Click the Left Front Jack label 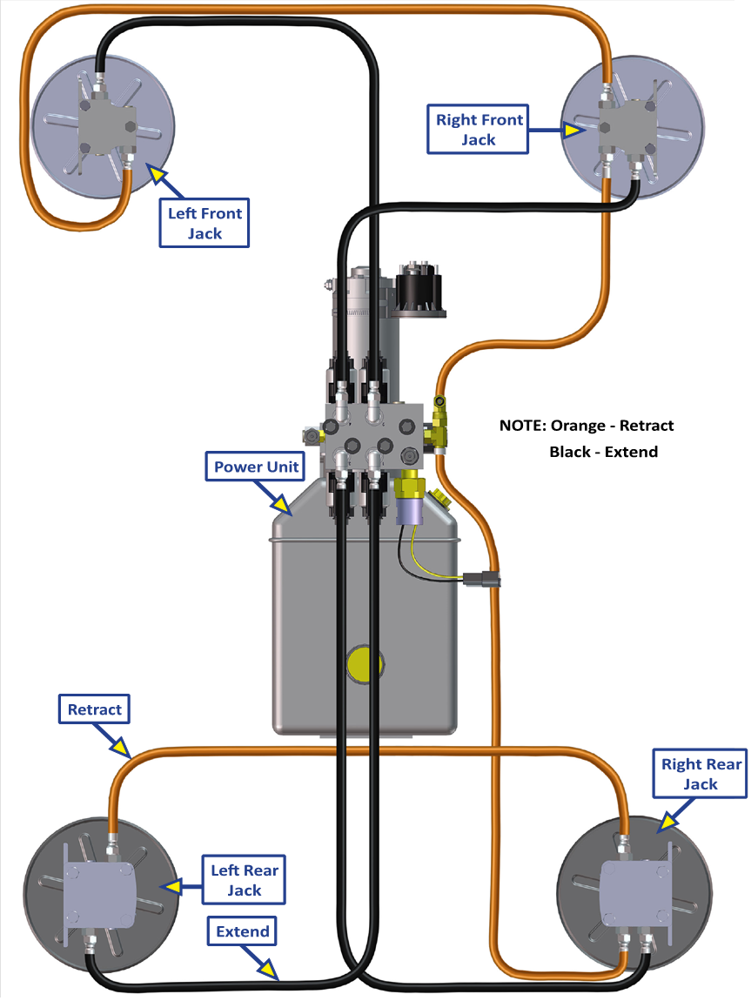coord(205,223)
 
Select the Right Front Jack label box coord(479,130)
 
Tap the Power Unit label coord(257,467)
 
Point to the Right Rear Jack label coord(701,774)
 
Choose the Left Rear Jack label coord(245,880)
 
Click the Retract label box coord(95,709)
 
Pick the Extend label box coord(243,931)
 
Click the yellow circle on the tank coord(365,664)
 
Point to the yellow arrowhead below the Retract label coord(120,748)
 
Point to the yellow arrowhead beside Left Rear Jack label coord(171,886)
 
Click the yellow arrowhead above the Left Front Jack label coord(157,175)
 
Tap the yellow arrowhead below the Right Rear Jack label coord(667,821)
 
